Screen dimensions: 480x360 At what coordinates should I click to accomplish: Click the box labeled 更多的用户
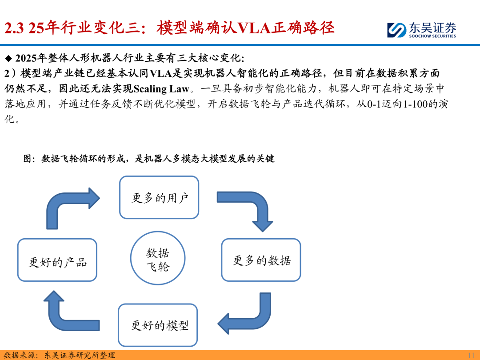159,197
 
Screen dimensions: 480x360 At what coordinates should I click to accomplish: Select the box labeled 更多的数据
261,260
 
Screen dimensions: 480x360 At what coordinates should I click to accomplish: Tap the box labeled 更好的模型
158,325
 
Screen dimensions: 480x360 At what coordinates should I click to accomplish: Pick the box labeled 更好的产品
57,260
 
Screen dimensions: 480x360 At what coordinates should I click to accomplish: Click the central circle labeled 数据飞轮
157,260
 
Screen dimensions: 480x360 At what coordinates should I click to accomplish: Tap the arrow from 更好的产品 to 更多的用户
67,204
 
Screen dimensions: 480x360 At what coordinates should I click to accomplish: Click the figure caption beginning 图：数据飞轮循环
148,158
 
